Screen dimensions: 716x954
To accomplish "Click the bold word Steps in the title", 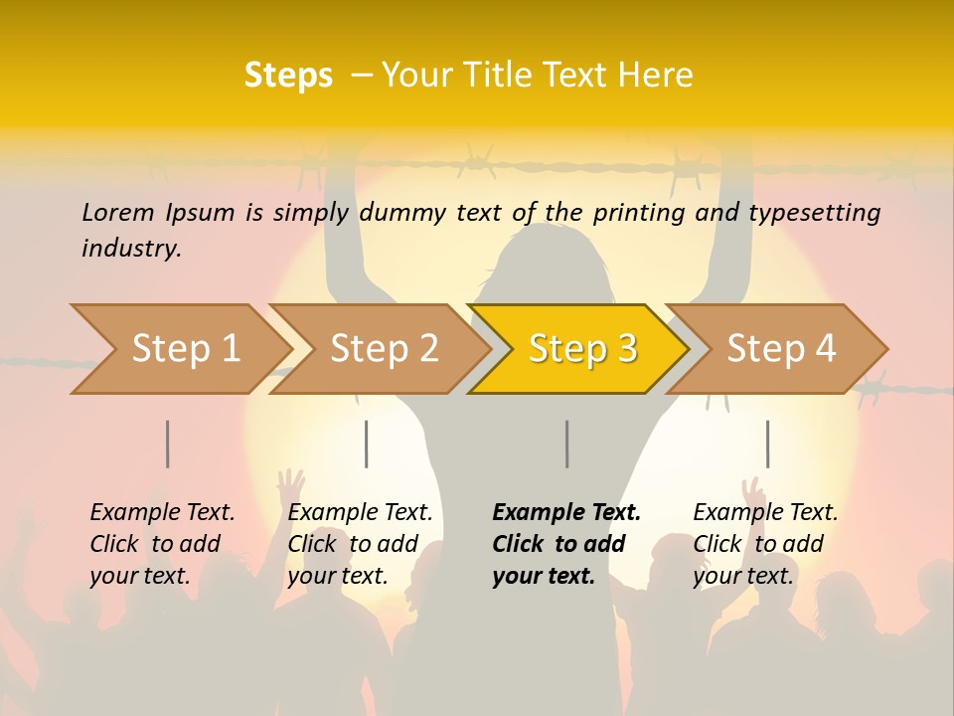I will [288, 76].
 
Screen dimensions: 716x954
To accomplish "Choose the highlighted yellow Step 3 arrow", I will [582, 349].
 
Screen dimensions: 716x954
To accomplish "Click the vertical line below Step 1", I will [168, 444].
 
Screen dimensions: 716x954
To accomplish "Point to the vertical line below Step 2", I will [367, 444].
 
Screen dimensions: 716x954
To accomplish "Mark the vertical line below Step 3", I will [566, 444].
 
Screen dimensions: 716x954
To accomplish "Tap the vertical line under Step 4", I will [767, 444].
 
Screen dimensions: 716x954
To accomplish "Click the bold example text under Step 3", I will [566, 544].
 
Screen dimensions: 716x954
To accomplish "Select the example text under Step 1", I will [162, 544].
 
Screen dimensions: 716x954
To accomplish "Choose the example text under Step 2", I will [360, 544].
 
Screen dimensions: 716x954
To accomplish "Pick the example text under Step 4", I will [765, 544].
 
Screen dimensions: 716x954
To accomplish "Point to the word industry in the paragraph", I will [130, 248].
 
